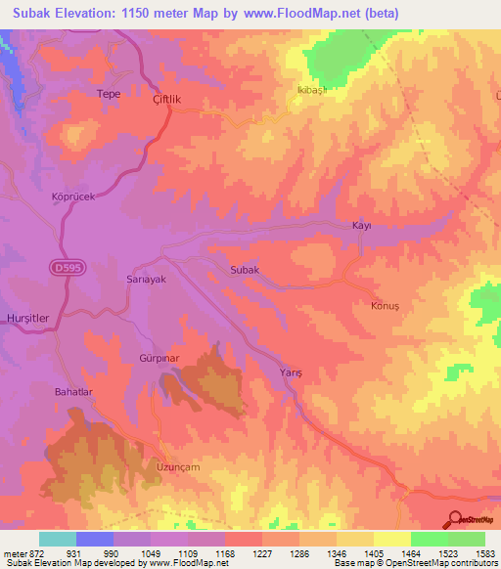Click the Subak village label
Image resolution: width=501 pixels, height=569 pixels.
point(244,270)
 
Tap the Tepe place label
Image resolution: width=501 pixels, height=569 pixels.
point(108,94)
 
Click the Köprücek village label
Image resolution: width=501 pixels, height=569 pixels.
point(71,197)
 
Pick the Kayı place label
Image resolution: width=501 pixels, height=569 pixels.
point(361,226)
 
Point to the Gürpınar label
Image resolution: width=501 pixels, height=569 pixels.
point(156,360)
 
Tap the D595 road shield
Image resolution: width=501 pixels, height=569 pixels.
point(64,266)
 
